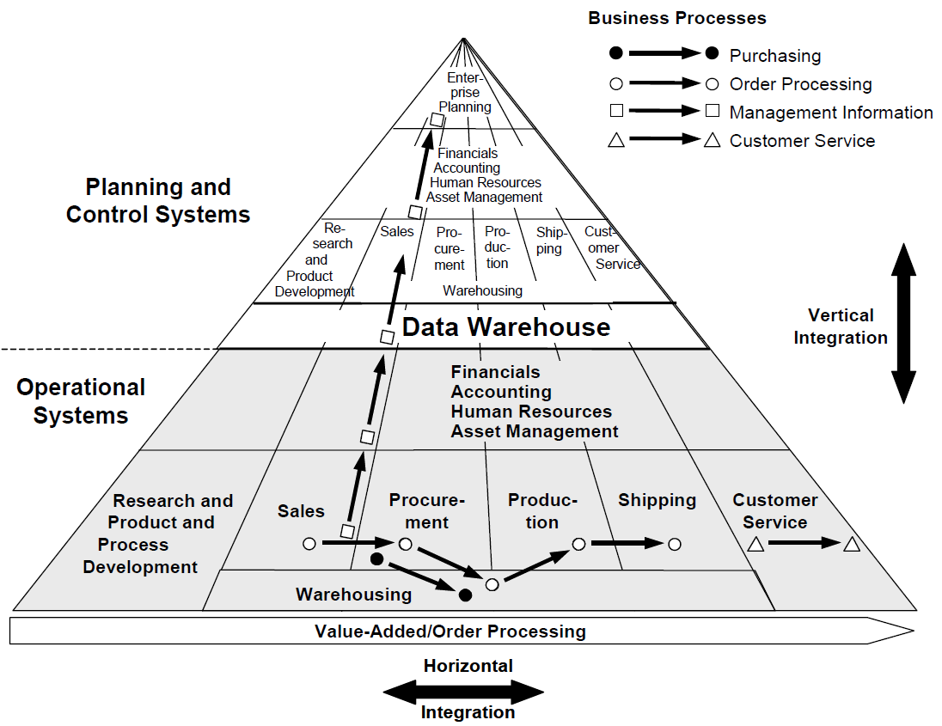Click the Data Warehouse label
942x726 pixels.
click(506, 327)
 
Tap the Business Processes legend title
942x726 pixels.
click(677, 18)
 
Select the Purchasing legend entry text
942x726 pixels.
click(775, 56)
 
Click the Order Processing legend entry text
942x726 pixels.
click(800, 84)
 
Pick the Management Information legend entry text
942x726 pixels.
click(831, 113)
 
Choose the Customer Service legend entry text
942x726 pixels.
click(802, 141)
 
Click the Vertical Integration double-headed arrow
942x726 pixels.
click(902, 323)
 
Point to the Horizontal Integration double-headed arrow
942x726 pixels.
click(463, 690)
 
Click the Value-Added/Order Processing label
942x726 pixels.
click(450, 631)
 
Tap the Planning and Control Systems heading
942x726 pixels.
click(158, 200)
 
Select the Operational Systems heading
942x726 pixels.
click(81, 401)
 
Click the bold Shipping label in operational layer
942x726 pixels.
click(657, 500)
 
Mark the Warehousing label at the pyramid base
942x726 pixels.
click(353, 595)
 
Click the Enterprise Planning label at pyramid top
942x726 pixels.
click(466, 93)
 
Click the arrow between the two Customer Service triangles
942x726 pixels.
click(804, 543)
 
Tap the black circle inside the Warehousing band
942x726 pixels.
click(466, 595)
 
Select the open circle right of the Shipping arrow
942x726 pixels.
click(675, 544)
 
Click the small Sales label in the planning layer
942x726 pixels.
click(397, 231)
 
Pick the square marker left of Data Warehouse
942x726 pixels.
click(388, 337)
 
